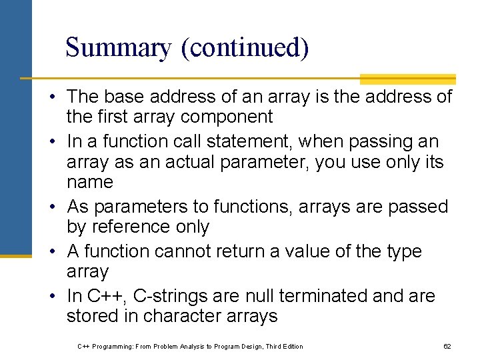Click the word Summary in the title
coord(118,48)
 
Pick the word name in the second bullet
coord(90,181)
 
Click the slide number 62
coord(447,347)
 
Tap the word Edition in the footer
coord(291,347)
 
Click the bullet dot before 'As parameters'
coord(51,207)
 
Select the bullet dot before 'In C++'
coord(51,296)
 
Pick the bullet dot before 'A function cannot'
coord(51,252)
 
